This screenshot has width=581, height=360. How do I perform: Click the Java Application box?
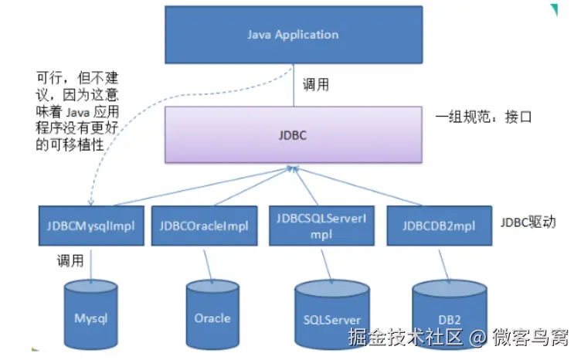pos(294,35)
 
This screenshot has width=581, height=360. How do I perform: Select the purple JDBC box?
pos(294,135)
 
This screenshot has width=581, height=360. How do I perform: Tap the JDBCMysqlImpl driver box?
pos(91,226)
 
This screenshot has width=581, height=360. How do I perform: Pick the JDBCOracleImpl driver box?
pos(204,226)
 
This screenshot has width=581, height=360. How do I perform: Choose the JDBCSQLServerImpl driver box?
pos(321,226)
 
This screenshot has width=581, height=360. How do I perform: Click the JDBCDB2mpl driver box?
pos(440,226)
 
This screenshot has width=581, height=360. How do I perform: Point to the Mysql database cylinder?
pos(91,315)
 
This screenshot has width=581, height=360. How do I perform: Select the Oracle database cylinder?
pos(212,315)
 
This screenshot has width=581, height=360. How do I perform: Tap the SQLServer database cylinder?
pos(332,315)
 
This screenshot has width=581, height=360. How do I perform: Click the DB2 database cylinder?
pos(450,315)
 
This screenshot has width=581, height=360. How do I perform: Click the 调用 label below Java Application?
pos(316,84)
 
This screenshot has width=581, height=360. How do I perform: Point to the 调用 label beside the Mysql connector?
pos(70,261)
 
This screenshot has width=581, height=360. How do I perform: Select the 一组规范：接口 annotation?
pos(484,117)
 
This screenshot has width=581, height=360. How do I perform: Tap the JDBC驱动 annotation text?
pos(528,222)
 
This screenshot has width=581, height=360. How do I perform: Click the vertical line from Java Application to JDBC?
pos(294,85)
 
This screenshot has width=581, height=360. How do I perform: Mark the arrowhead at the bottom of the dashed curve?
pos(91,202)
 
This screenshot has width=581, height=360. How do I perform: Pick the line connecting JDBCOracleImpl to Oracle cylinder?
pos(208,266)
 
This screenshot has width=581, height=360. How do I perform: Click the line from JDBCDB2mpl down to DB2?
pos(444,266)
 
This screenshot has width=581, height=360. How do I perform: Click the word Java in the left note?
pos(78,112)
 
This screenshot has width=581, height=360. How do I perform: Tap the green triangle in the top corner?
pos(555,9)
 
